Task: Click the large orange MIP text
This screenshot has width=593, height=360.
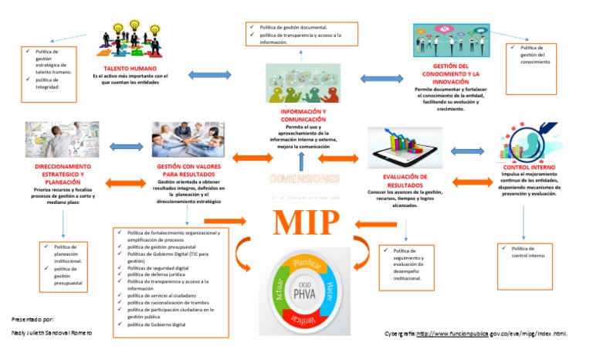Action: pyautogui.click(x=305, y=222)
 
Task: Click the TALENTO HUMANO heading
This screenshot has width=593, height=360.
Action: pyautogui.click(x=130, y=69)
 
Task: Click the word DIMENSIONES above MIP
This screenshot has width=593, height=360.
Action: pyautogui.click(x=304, y=179)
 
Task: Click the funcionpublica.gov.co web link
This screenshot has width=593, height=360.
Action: pyautogui.click(x=492, y=334)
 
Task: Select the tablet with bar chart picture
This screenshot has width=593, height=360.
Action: pyautogui.click(x=405, y=147)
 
